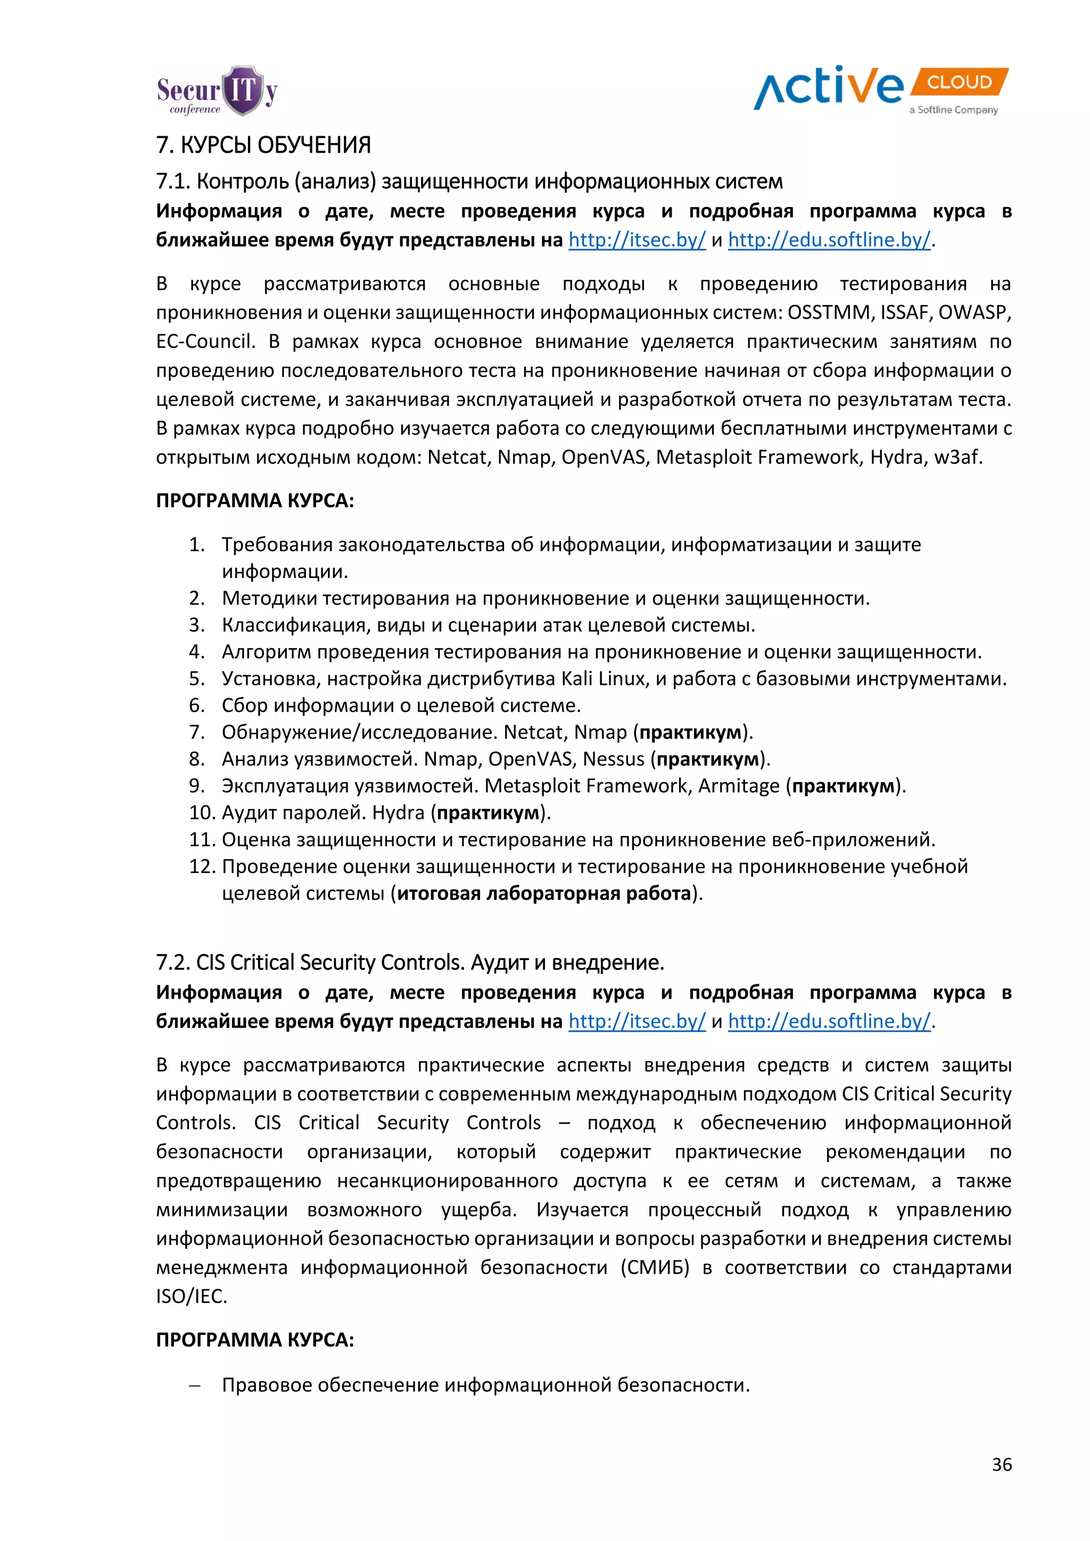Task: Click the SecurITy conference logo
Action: tap(217, 92)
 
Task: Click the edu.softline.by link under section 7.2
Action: tap(829, 1022)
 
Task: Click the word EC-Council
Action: tap(205, 342)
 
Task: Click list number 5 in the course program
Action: tap(196, 678)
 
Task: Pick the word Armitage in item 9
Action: tap(739, 786)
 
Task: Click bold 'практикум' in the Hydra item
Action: tap(488, 813)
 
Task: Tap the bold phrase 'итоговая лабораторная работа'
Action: tap(543, 893)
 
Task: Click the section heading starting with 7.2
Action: tap(409, 963)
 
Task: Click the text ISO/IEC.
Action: tap(191, 1296)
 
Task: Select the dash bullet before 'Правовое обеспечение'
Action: tap(195, 1385)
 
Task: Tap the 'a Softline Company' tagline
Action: tap(953, 110)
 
